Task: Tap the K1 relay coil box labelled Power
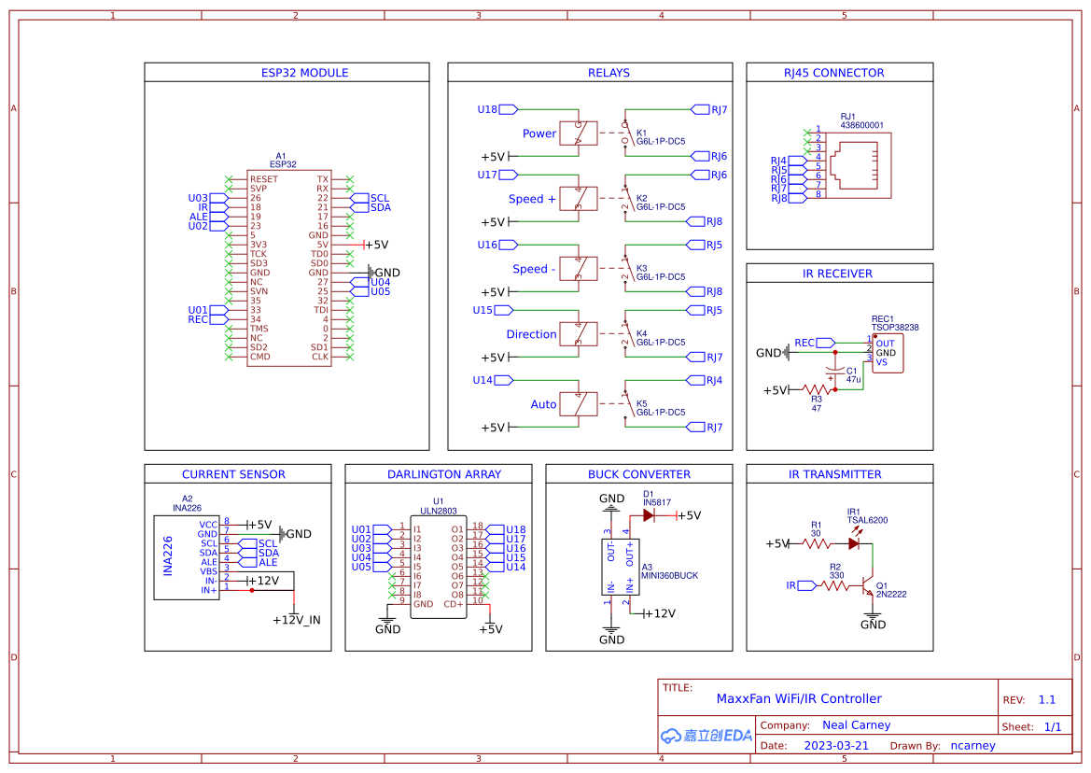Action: pos(578,133)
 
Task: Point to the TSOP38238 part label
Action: pos(894,328)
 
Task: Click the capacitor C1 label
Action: pos(851,371)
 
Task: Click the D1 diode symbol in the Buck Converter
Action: pos(650,515)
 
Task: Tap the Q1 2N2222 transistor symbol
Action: pos(870,590)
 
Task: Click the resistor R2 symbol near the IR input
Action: pos(834,585)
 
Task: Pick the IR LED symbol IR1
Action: pos(854,542)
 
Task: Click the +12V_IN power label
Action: pos(296,620)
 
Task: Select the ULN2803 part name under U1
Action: pos(438,511)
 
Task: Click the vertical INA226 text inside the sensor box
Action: pos(169,555)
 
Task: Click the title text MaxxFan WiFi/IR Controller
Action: pos(798,698)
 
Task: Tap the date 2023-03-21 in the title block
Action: pos(835,746)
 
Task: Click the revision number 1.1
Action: pos(1046,699)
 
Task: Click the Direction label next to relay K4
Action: pos(531,334)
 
